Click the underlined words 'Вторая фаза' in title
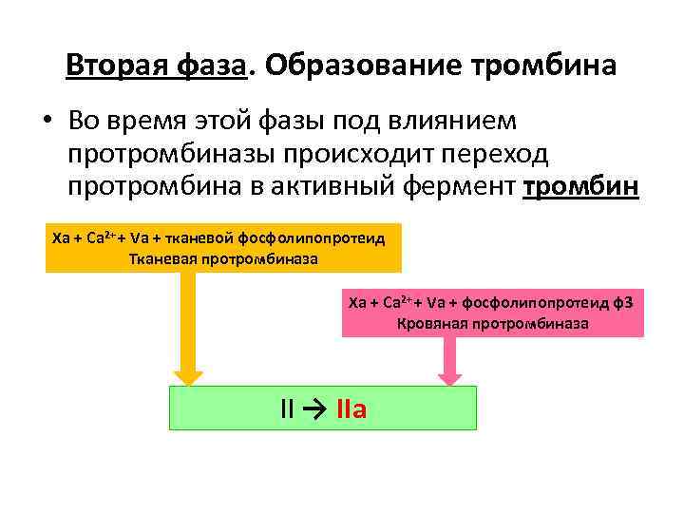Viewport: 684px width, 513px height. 157,66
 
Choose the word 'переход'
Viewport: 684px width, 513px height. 494,154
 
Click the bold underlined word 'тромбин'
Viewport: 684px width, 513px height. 581,187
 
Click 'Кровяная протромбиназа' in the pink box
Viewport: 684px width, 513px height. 493,323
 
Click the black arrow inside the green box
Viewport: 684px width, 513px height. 316,410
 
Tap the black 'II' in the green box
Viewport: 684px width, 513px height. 288,410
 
